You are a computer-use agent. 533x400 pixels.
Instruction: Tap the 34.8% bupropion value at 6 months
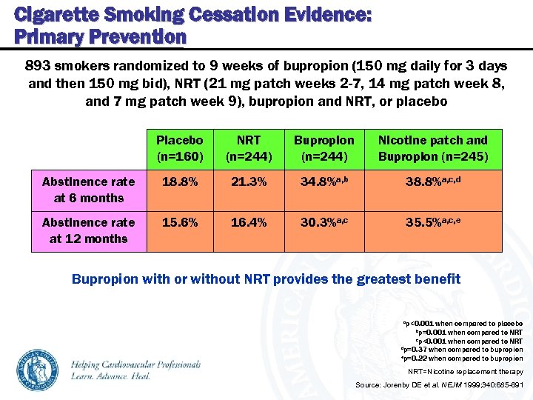(x=324, y=181)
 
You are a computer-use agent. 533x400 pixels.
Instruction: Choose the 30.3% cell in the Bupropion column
(x=324, y=222)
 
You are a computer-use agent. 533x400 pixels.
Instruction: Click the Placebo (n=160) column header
(x=180, y=148)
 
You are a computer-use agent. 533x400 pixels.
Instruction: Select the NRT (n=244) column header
(x=248, y=148)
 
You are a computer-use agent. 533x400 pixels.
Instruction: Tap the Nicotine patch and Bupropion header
(x=433, y=148)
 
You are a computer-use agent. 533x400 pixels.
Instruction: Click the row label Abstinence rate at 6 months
(x=88, y=190)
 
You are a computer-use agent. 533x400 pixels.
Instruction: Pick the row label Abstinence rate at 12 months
(x=88, y=230)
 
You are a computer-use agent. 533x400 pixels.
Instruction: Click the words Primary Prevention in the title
(x=100, y=36)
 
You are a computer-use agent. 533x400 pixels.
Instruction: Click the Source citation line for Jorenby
(x=439, y=385)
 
